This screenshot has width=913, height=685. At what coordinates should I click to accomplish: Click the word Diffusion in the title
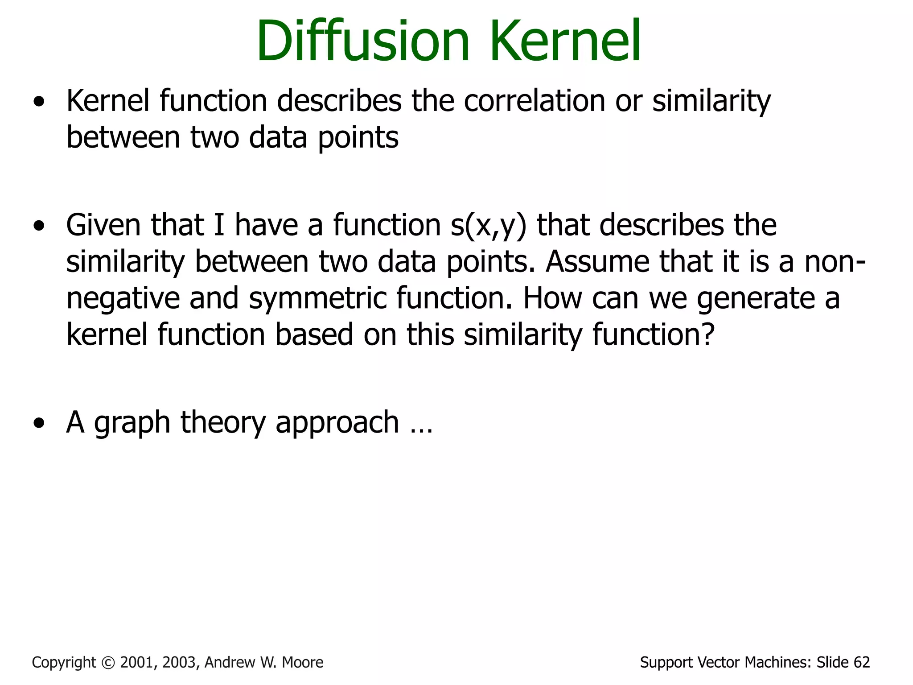click(x=363, y=41)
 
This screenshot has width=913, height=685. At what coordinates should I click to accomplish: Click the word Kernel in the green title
click(x=565, y=41)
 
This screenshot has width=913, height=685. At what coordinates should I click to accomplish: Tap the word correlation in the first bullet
click(x=534, y=101)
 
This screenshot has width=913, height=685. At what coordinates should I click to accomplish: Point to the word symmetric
click(x=317, y=298)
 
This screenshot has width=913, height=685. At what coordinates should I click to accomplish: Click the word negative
click(x=123, y=298)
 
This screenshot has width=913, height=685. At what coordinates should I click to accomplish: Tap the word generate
click(x=755, y=298)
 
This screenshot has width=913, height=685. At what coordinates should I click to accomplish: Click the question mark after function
click(x=708, y=334)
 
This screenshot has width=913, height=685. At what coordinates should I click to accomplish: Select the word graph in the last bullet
click(x=132, y=423)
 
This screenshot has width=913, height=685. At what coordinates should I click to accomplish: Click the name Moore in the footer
click(x=303, y=663)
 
